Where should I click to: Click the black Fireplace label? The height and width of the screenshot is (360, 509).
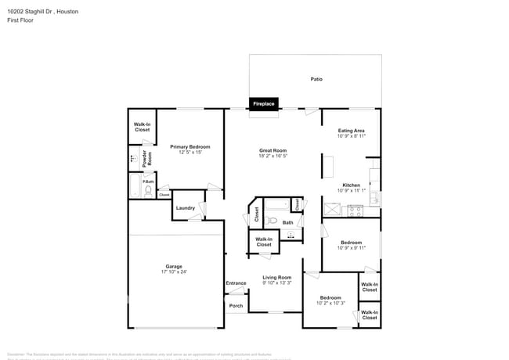coord(263,103)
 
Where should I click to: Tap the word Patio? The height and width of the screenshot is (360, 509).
coord(316,79)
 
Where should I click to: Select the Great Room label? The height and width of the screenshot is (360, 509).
coord(273,150)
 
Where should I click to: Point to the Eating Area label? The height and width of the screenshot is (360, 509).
coord(350,131)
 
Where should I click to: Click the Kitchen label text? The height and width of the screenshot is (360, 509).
coord(351,185)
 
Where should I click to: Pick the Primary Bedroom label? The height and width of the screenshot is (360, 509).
coord(190,146)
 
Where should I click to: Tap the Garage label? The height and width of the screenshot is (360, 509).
coord(173,266)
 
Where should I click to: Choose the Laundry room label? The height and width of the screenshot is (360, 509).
coord(186,208)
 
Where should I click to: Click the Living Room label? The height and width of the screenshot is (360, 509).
coord(276,277)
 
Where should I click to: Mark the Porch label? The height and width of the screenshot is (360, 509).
coord(236,306)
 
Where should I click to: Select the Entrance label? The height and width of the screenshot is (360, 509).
coord(236,283)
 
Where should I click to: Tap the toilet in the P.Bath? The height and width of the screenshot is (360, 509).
coord(148,190)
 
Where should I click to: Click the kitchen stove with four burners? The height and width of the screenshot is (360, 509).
coord(355,210)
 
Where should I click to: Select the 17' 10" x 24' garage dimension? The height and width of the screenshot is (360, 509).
coord(173,272)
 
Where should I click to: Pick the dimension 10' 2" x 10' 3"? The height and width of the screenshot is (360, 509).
coord(330,304)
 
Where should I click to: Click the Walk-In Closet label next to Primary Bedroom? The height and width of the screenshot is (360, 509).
coord(142,127)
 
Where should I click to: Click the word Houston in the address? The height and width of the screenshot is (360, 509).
coord(67,12)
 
